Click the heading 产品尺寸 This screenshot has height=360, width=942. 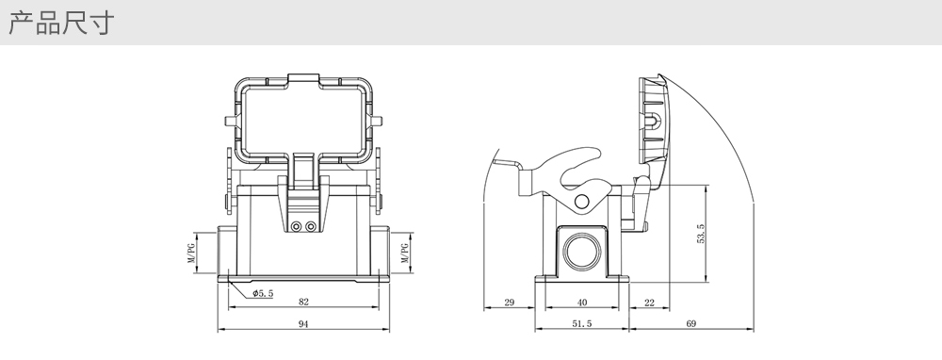[60, 23]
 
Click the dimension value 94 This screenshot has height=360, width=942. [303, 324]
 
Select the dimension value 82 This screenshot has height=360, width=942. [303, 302]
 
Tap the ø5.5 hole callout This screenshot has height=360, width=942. [263, 293]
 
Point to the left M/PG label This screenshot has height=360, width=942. [191, 253]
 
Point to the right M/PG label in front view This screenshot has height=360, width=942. [405, 253]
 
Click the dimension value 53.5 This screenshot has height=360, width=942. [701, 234]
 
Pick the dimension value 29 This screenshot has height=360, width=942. [509, 303]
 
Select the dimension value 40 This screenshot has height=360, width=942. [581, 303]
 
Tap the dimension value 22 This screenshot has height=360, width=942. [649, 303]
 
